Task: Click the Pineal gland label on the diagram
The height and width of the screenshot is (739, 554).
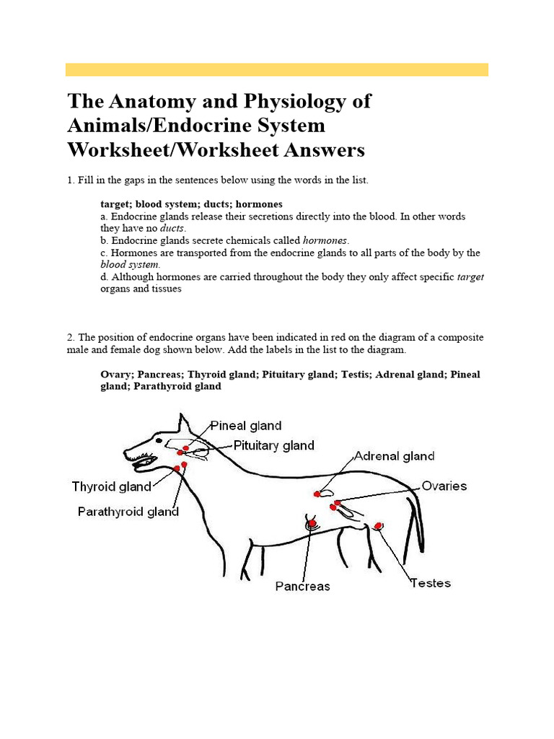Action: point(245,426)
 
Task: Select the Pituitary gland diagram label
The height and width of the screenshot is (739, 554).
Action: point(273,445)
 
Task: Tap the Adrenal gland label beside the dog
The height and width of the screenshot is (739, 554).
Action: point(394,456)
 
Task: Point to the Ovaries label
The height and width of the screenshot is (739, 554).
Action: point(444,486)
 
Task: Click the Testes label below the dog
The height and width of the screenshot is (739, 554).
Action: point(431,582)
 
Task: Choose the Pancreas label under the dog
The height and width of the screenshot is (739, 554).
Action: point(302,586)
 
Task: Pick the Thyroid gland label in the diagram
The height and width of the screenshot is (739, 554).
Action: point(112,486)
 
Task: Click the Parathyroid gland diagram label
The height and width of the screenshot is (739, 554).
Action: point(128,512)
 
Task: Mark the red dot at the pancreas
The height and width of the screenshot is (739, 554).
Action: point(312,523)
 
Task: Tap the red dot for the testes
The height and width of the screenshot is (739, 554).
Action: point(378,526)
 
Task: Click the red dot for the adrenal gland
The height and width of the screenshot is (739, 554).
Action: point(317,494)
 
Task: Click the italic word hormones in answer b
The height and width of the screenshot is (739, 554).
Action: point(325,240)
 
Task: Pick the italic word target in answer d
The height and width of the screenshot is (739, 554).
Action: point(470,277)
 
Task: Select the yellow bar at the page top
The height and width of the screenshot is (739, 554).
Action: point(277,69)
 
